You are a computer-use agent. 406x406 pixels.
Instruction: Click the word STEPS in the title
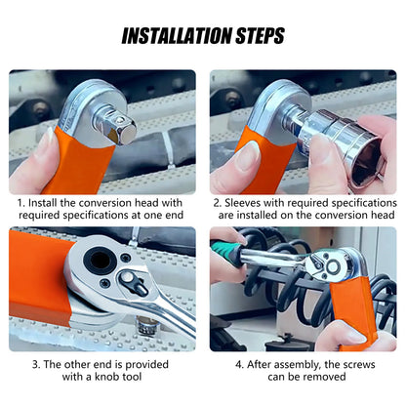click(260, 36)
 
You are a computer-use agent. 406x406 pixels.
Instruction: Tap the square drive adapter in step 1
click(118, 127)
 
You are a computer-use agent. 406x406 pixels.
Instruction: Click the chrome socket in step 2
click(345, 146)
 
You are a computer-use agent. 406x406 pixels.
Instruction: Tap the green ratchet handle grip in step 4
click(226, 251)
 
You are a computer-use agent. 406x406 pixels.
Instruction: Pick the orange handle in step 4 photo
click(352, 312)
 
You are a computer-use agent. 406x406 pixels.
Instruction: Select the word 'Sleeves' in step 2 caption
click(242, 203)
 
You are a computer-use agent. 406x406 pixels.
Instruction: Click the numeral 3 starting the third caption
click(34, 365)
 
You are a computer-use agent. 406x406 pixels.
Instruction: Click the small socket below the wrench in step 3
click(147, 325)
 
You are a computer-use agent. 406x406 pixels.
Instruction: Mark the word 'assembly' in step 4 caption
click(295, 365)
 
